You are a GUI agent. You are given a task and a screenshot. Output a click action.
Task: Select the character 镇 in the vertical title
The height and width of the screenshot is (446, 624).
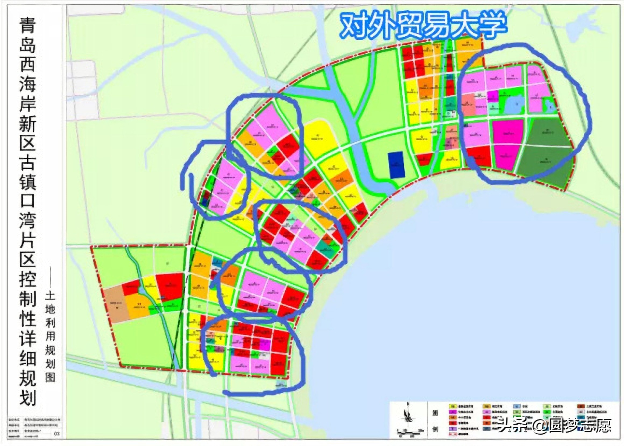(x=28, y=182)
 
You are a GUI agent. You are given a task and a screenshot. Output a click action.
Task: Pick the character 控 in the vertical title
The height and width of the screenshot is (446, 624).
(x=28, y=279)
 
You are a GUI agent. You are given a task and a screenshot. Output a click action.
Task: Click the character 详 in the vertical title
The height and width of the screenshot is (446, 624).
(x=28, y=337)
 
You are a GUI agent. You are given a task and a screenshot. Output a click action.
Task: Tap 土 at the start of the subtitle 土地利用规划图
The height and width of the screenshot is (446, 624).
(x=51, y=296)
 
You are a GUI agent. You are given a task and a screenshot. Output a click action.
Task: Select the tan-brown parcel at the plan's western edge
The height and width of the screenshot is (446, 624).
(x=116, y=304)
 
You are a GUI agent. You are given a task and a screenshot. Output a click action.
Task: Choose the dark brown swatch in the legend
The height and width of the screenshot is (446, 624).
(x=581, y=406)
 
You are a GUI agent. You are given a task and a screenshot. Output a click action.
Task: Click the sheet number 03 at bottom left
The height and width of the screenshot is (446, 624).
(x=57, y=434)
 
